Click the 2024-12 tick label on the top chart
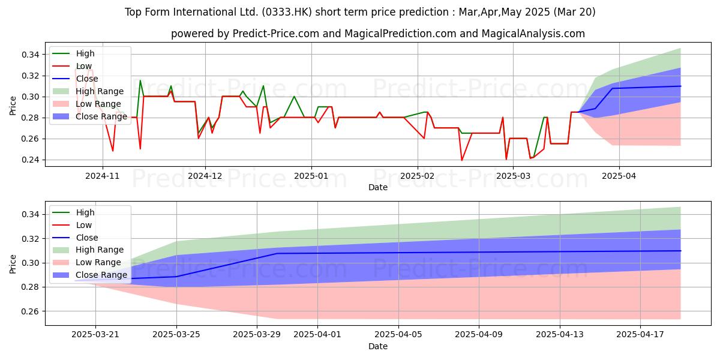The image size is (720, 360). (x=205, y=176)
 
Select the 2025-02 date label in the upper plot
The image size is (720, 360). (x=418, y=176)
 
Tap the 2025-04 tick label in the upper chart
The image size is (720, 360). (x=619, y=176)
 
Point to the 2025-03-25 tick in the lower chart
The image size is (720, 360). (x=176, y=335)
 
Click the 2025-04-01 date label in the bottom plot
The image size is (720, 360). (x=317, y=335)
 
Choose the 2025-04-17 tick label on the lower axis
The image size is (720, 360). (x=640, y=335)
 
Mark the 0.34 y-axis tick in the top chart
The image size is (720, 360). (x=31, y=55)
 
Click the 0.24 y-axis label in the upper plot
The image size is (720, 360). (x=31, y=160)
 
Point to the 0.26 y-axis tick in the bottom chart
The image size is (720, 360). (x=31, y=311)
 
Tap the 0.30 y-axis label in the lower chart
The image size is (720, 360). (x=31, y=263)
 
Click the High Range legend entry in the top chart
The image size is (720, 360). (x=88, y=91)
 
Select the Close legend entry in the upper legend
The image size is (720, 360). (x=75, y=79)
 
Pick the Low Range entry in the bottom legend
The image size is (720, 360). (x=86, y=262)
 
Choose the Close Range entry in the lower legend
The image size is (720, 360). (x=89, y=275)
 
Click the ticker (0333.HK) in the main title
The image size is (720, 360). (x=287, y=12)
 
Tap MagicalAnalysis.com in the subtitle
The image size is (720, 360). (x=533, y=34)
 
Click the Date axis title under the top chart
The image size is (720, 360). (x=378, y=187)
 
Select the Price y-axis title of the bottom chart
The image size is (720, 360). (x=13, y=264)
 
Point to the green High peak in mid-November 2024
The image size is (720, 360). (x=140, y=80)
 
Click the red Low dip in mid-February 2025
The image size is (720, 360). (x=462, y=160)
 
